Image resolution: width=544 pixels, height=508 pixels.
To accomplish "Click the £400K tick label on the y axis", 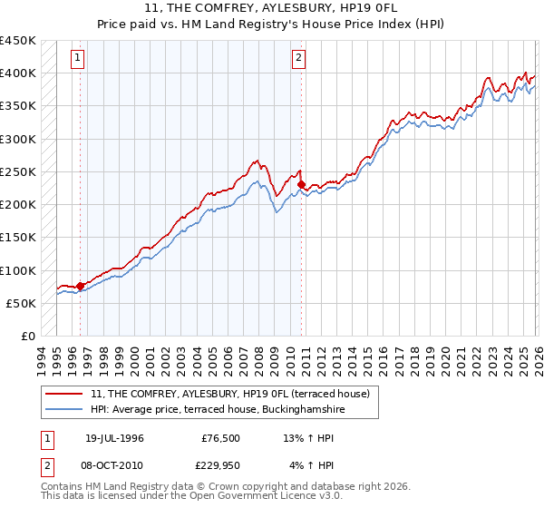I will (x=17, y=73).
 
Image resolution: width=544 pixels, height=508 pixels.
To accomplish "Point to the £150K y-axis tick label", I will (x=17, y=238).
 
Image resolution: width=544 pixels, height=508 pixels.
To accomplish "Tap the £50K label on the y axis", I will (x=21, y=303).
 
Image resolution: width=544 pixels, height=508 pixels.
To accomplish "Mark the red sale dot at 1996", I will (x=81, y=286).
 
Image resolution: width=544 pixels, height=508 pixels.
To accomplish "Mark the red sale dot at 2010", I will (x=301, y=185).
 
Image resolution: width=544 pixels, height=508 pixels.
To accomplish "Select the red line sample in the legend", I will (x=64, y=395).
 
